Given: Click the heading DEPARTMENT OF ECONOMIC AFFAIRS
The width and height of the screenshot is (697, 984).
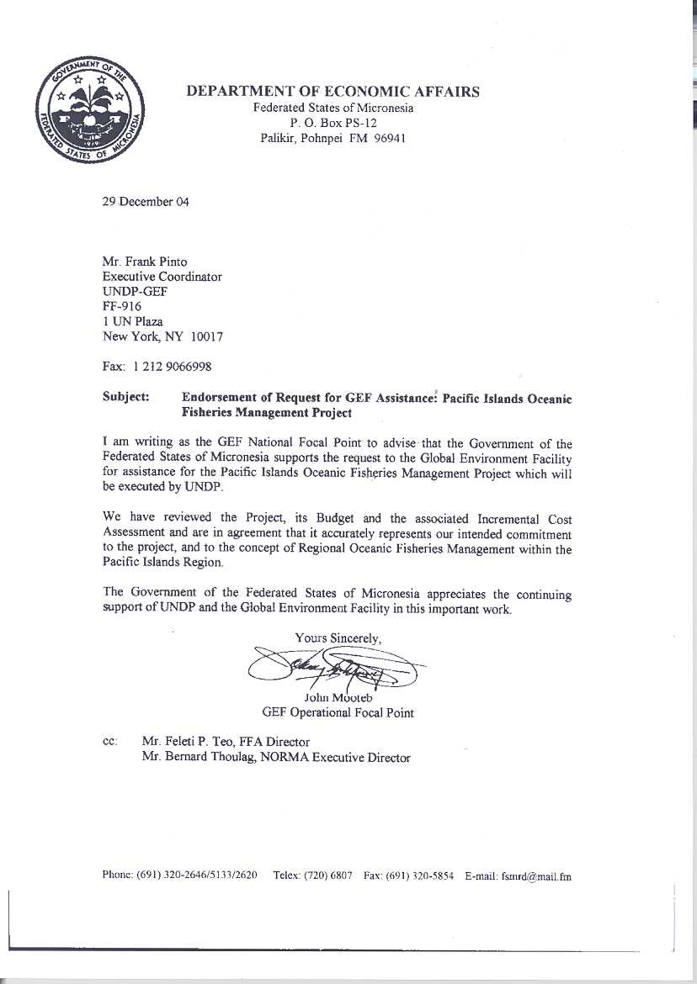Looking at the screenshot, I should [x=333, y=92].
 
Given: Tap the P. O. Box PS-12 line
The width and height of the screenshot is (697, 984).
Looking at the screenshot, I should [x=333, y=123].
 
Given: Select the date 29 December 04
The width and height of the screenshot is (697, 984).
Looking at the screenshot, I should [x=146, y=202].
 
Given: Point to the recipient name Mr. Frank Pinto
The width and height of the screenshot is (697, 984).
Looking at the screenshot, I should [x=145, y=261].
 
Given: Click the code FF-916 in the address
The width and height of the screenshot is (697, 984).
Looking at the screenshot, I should [x=122, y=306].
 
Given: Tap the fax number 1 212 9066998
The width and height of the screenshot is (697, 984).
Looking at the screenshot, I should [x=171, y=368].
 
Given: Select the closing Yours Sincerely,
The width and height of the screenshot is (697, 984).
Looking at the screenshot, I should [x=338, y=637].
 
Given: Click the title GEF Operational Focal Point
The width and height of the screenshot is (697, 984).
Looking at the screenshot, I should [x=338, y=712].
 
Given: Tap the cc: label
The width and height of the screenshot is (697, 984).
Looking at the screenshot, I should [x=110, y=742].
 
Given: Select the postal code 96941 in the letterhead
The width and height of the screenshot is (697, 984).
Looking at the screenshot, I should [x=390, y=138].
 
